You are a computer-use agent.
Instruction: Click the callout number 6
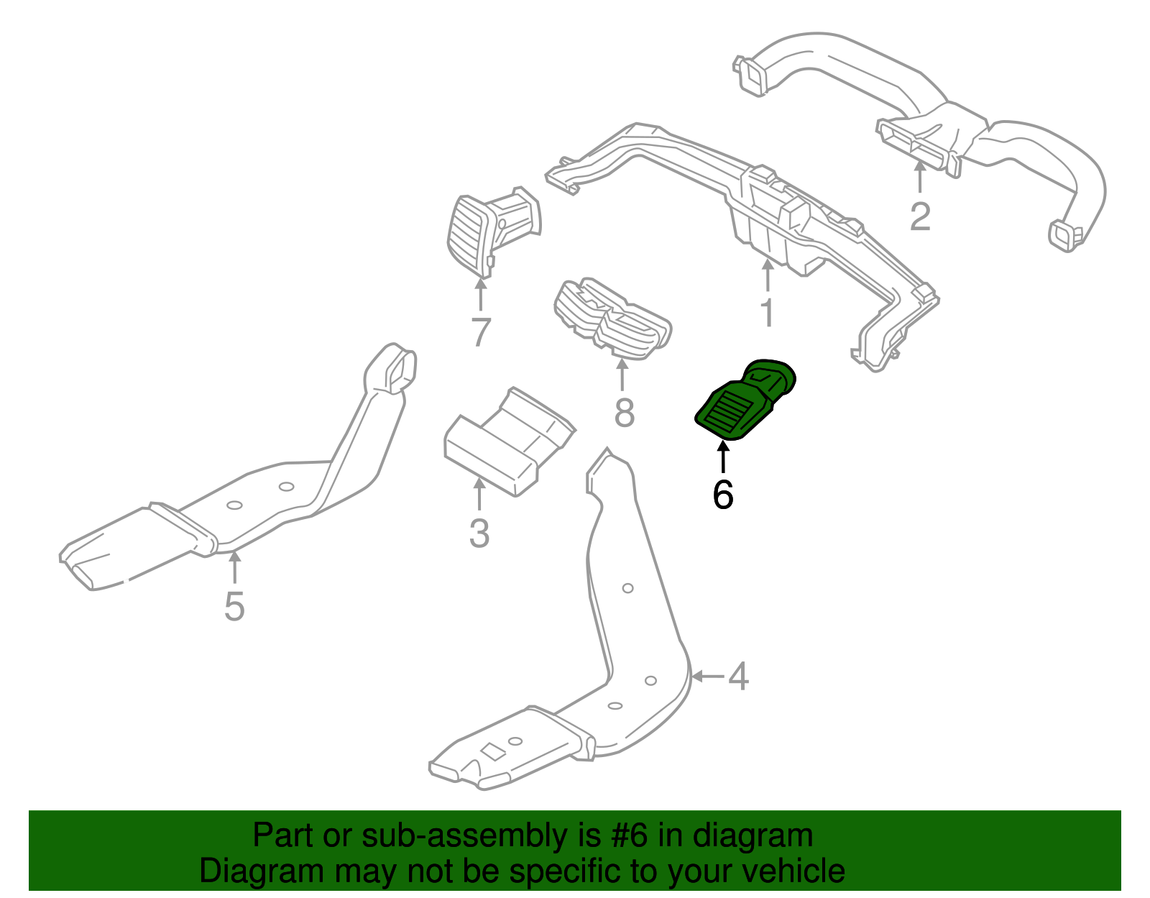point(723,495)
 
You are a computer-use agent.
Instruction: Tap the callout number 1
point(768,313)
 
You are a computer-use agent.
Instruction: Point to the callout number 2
point(920,216)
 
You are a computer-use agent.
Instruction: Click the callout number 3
point(479,534)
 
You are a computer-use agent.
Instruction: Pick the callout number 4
point(739,677)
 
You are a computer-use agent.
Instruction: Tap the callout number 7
point(480,332)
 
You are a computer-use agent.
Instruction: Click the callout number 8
point(624,413)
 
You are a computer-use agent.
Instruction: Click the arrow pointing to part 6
point(723,457)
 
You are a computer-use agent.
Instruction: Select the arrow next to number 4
point(707,676)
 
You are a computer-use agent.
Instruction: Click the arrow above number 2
point(920,177)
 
